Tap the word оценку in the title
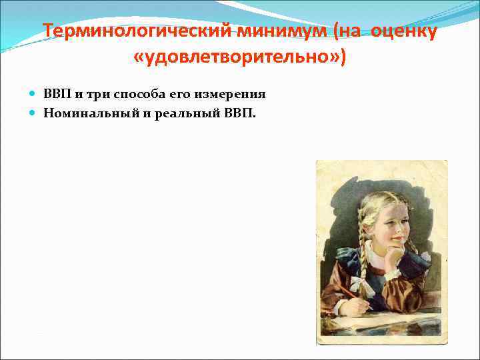pyautogui.click(x=403, y=32)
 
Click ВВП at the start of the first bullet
pyautogui.click(x=57, y=93)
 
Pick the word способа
pyautogui.click(x=136, y=93)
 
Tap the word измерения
pyautogui.click(x=225, y=93)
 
